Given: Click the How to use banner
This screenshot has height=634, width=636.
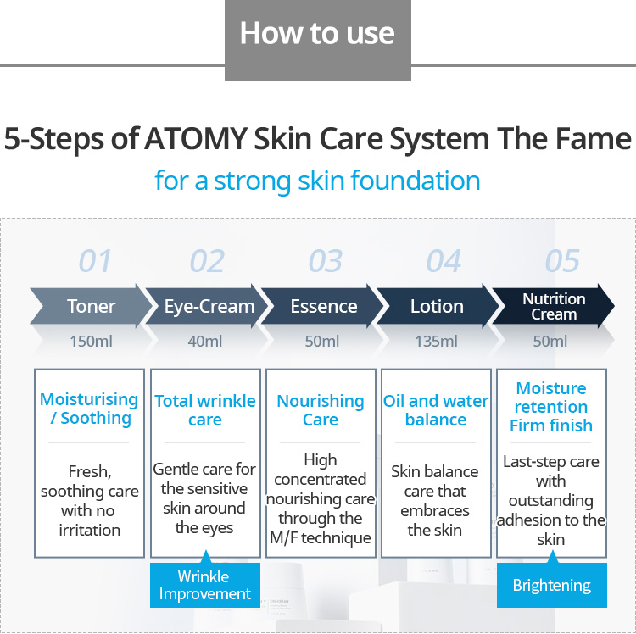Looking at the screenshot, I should [x=317, y=34].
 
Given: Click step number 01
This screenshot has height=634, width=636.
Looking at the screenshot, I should [x=95, y=261].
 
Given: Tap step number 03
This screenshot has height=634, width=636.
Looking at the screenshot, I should [x=326, y=261].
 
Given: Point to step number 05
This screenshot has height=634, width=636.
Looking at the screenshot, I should [x=562, y=261].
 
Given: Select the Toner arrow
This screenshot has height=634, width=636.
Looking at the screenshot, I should [x=91, y=306].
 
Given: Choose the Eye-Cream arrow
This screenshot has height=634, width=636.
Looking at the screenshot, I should [x=209, y=306].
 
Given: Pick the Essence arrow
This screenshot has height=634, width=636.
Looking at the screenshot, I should [x=324, y=306].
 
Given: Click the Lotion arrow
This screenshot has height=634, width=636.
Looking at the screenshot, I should [x=437, y=306].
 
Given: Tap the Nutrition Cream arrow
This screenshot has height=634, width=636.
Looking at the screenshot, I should [x=554, y=306].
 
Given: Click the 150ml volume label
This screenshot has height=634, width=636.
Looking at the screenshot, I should [x=91, y=342].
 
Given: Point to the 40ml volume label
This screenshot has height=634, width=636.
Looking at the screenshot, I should [x=205, y=342].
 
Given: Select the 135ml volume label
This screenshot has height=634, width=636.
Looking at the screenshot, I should [x=436, y=342].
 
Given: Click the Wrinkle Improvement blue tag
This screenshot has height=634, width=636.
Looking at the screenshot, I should [x=204, y=585].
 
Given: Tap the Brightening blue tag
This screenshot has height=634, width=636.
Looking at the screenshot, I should [x=551, y=586].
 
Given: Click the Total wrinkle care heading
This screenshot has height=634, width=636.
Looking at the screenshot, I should [x=204, y=409].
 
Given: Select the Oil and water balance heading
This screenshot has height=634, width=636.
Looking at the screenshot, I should [x=436, y=409].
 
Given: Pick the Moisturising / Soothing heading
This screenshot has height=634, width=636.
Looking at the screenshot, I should [x=89, y=408].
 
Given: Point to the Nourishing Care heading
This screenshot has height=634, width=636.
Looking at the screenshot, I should [x=321, y=409].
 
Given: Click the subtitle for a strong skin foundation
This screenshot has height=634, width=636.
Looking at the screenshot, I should [x=317, y=181].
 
